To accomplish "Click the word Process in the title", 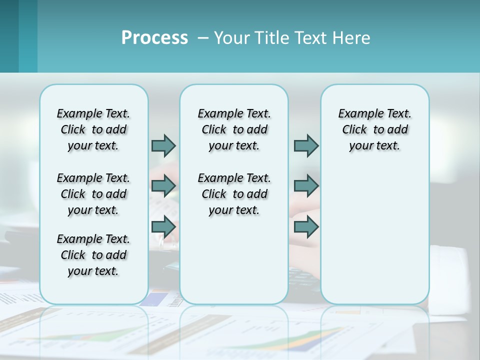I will (x=154, y=38).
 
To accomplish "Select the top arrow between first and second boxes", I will (x=163, y=145).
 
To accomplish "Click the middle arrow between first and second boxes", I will (x=163, y=186).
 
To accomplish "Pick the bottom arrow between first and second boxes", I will (x=163, y=227).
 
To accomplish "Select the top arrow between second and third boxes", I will (x=306, y=145).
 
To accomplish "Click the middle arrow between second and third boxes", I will (x=306, y=186).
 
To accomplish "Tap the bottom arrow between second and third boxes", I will (x=306, y=227).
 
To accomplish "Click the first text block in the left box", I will (x=93, y=129).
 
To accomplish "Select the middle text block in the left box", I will (x=93, y=194).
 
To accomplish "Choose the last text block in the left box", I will (x=93, y=255).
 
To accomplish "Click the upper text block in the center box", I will (x=234, y=129).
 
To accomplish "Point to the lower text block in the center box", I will (x=234, y=194).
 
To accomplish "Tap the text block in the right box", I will (x=374, y=129).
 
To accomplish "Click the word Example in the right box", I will (x=357, y=114).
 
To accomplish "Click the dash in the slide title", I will (x=203, y=38).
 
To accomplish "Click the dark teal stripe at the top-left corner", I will (x=9, y=36).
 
